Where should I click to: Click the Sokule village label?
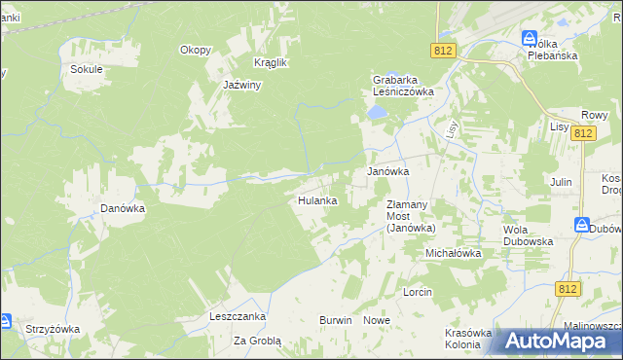point(87,69)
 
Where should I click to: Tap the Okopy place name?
point(195,50)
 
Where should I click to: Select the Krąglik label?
point(270,62)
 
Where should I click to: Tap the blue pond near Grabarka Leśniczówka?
point(375,114)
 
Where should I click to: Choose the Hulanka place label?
point(316,200)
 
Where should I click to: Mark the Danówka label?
point(123,207)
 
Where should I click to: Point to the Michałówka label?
point(453,253)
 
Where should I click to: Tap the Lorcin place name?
point(417,292)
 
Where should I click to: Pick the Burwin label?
point(335,320)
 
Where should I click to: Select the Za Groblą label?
point(257,342)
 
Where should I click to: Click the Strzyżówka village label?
point(53,329)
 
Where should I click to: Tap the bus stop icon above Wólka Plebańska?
point(530,38)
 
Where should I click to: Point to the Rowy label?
point(594,114)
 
